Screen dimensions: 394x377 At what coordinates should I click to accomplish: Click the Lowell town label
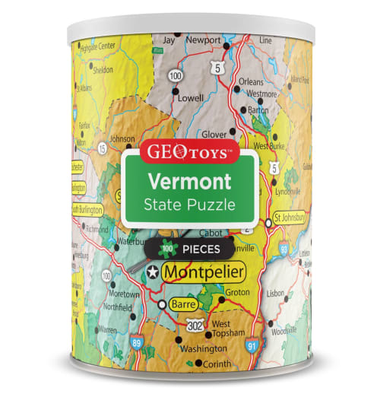(189, 98)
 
